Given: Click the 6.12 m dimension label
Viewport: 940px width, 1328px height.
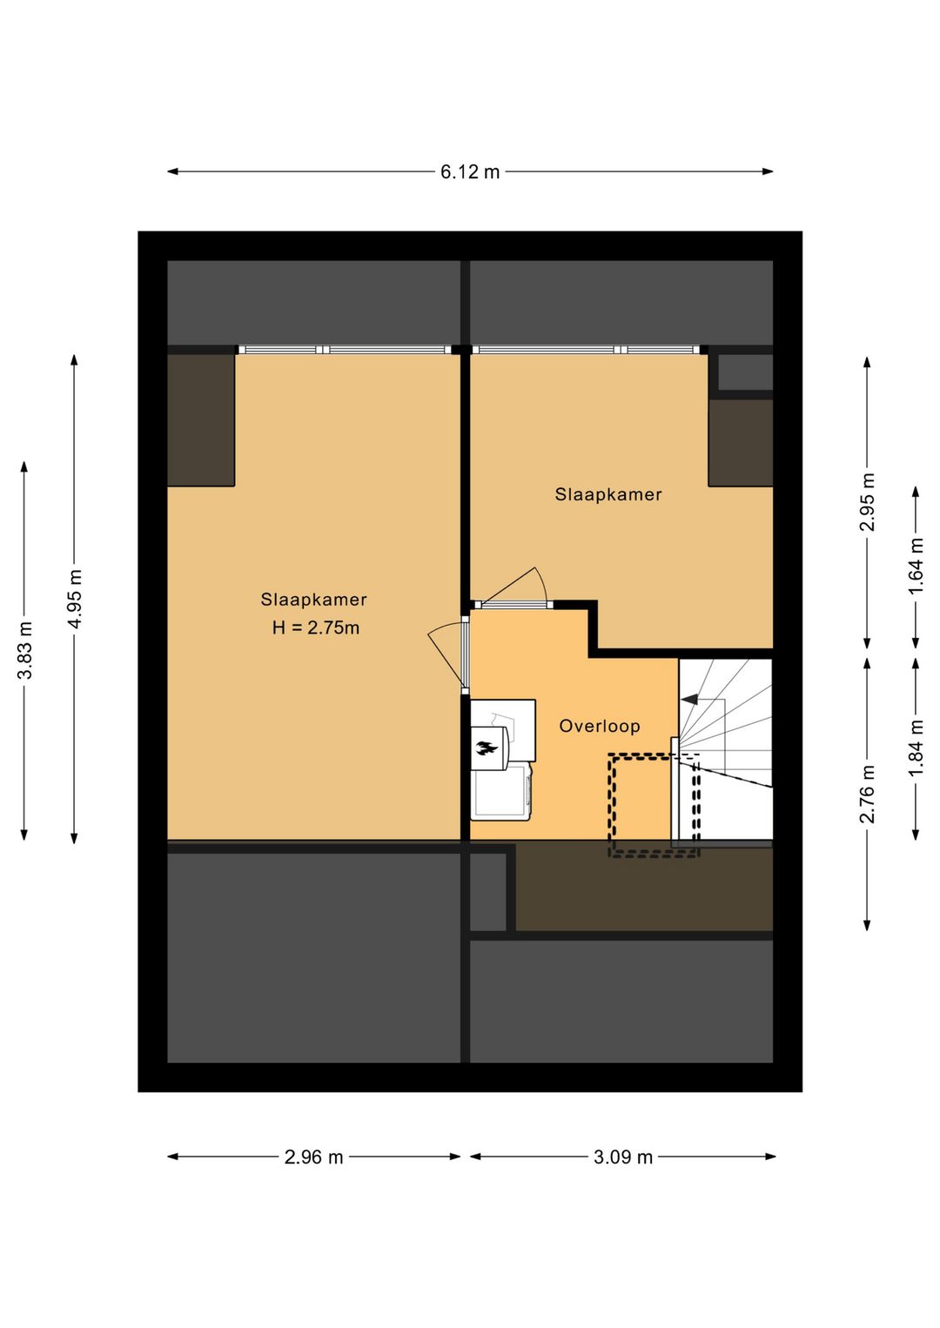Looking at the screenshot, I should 470,172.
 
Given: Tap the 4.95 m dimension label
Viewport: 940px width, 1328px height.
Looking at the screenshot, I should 75,599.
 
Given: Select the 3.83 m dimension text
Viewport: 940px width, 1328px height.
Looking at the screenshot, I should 25,650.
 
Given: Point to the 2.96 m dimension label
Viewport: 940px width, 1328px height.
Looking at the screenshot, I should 313,1157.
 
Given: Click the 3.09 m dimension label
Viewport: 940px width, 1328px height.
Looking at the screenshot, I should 623,1157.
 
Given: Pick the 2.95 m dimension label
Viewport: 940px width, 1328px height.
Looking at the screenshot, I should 868,502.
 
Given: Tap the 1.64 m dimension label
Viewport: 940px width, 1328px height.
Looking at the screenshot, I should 916,567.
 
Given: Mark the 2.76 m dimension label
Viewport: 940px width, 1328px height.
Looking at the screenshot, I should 868,794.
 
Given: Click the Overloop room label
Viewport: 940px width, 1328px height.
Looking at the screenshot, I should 600,726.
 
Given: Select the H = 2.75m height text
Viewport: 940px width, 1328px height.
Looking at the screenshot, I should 315,627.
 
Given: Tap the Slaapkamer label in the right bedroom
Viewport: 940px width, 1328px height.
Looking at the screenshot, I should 608,494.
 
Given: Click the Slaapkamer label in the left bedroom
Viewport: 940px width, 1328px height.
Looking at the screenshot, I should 313,600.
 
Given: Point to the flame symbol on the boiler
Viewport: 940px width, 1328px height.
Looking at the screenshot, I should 487,748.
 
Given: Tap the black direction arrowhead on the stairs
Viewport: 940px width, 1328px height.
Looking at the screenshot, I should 689,699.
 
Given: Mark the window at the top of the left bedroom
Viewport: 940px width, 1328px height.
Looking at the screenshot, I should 346,350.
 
